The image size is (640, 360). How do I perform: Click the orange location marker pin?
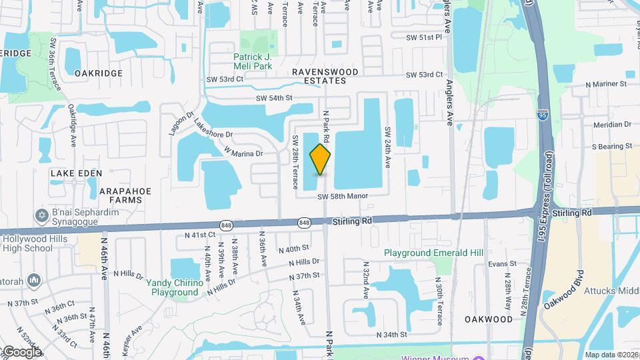pyautogui.click(x=321, y=159)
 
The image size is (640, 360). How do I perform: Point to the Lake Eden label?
pyautogui.click(x=77, y=173)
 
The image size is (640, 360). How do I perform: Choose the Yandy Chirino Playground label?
pyautogui.click(x=175, y=287)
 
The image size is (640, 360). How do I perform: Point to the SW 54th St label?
pyautogui.click(x=275, y=98)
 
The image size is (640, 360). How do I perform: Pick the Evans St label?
pyautogui.click(x=502, y=264)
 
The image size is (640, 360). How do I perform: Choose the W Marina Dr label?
pyautogui.click(x=244, y=153)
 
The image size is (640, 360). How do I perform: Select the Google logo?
pyautogui.click(x=21, y=351)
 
